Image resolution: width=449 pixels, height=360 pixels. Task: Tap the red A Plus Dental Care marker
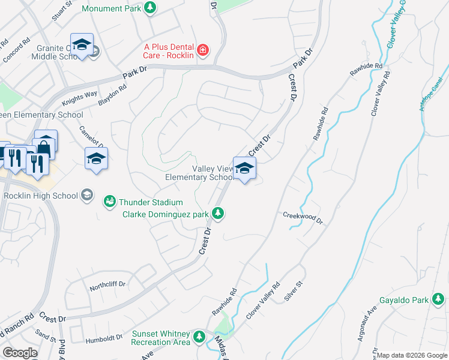tap(203, 49)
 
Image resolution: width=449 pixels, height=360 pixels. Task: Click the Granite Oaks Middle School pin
tap(82, 45)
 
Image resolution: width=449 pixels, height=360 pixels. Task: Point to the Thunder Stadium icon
tap(109, 201)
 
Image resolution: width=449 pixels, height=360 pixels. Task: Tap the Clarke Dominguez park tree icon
tap(220, 213)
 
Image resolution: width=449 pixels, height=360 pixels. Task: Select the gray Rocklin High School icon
tap(88, 195)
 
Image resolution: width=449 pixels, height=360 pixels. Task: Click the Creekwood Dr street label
tap(303, 218)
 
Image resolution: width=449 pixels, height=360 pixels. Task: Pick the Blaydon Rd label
tap(112, 95)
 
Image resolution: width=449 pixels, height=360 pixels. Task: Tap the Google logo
tap(20, 353)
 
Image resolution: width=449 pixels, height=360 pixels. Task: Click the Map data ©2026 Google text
tap(411, 355)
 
